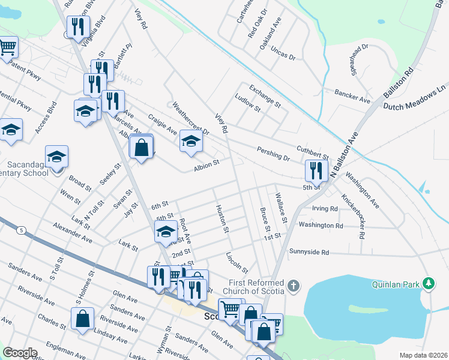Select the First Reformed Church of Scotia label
tap(258, 287)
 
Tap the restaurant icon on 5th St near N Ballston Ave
tap(315, 170)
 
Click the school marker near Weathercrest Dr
tap(191, 141)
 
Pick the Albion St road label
tap(206, 163)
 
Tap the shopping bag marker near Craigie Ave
tap(141, 148)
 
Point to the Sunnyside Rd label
tap(309, 253)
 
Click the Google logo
tap(20, 353)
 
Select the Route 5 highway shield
tap(22, 230)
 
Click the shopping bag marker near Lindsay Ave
tap(83, 318)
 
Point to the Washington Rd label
tap(321, 226)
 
